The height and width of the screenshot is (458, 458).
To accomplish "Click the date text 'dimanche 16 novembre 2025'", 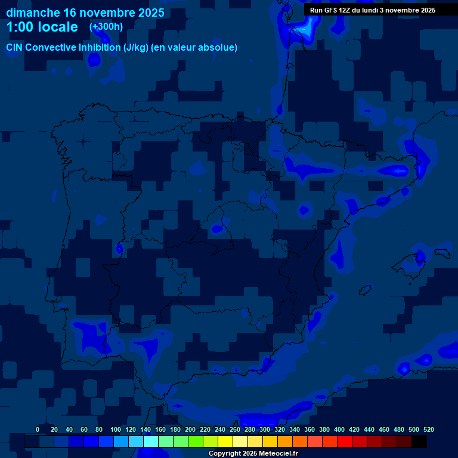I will pyautogui.click(x=85, y=13).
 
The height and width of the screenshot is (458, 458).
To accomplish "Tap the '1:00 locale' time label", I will pyautogui.click(x=42, y=27).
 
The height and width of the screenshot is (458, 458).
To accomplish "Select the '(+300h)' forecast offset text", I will pyautogui.click(x=106, y=27).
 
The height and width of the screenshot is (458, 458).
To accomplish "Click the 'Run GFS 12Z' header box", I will pyautogui.click(x=373, y=10).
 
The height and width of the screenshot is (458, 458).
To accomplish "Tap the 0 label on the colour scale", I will pyautogui.click(x=38, y=429).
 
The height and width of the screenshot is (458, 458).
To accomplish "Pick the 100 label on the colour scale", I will pyautogui.click(x=115, y=429).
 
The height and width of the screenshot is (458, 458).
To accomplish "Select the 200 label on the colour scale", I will pyautogui.click(x=190, y=429).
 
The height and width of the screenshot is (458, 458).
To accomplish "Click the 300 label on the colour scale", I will pyautogui.click(x=265, y=429).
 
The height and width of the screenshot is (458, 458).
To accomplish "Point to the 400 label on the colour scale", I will pyautogui.click(x=339, y=429).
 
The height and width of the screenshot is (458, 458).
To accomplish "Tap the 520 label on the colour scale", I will pyautogui.click(x=428, y=429).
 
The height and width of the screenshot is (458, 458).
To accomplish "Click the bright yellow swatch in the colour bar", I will pyautogui.click(x=225, y=441).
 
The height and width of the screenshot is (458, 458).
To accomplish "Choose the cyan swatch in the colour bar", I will pyautogui.click(x=151, y=441).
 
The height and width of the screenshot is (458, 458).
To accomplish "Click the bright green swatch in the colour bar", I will pyautogui.click(x=196, y=441).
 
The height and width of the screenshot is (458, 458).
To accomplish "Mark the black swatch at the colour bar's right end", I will pyautogui.click(x=419, y=441).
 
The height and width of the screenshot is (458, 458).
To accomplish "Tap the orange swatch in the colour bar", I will pyautogui.click(x=285, y=441).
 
